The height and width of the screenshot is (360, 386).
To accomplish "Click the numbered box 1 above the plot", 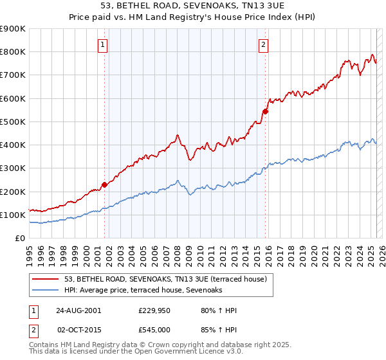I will coord(104,44).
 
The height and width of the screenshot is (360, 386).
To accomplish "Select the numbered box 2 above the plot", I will coord(264,44).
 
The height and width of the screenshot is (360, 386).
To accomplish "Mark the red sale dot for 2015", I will coord(265,111).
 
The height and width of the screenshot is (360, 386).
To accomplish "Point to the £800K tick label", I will coord(13,52).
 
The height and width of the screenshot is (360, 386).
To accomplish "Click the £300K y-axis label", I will coord(13,168).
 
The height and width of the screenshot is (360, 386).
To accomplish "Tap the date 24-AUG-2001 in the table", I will coord(78,310).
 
